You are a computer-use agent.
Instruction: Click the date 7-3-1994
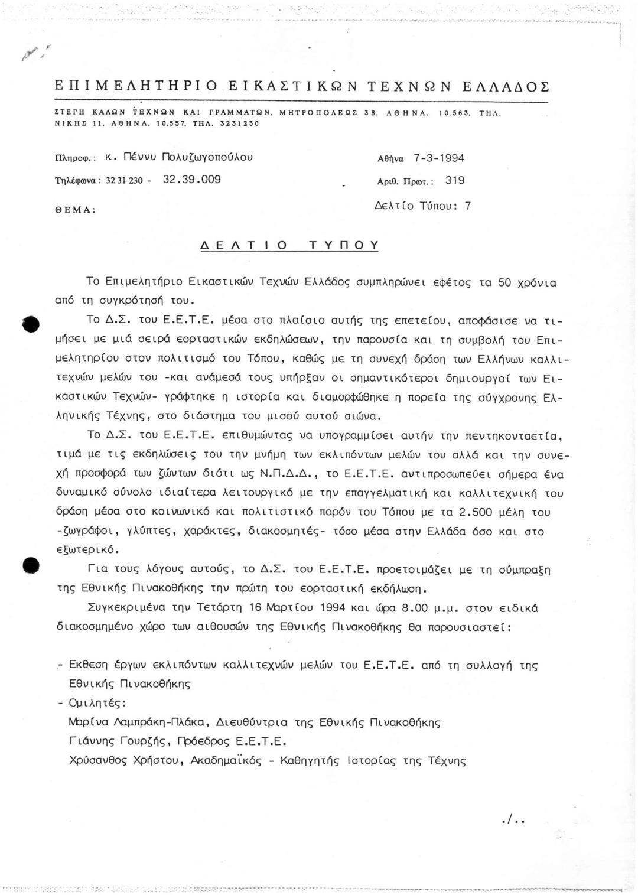pyautogui.click(x=438, y=158)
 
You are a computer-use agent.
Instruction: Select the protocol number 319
pyautogui.click(x=455, y=181)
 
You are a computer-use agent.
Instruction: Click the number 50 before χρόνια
pyautogui.click(x=504, y=282)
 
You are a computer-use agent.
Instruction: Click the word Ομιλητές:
pyautogui.click(x=97, y=703)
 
